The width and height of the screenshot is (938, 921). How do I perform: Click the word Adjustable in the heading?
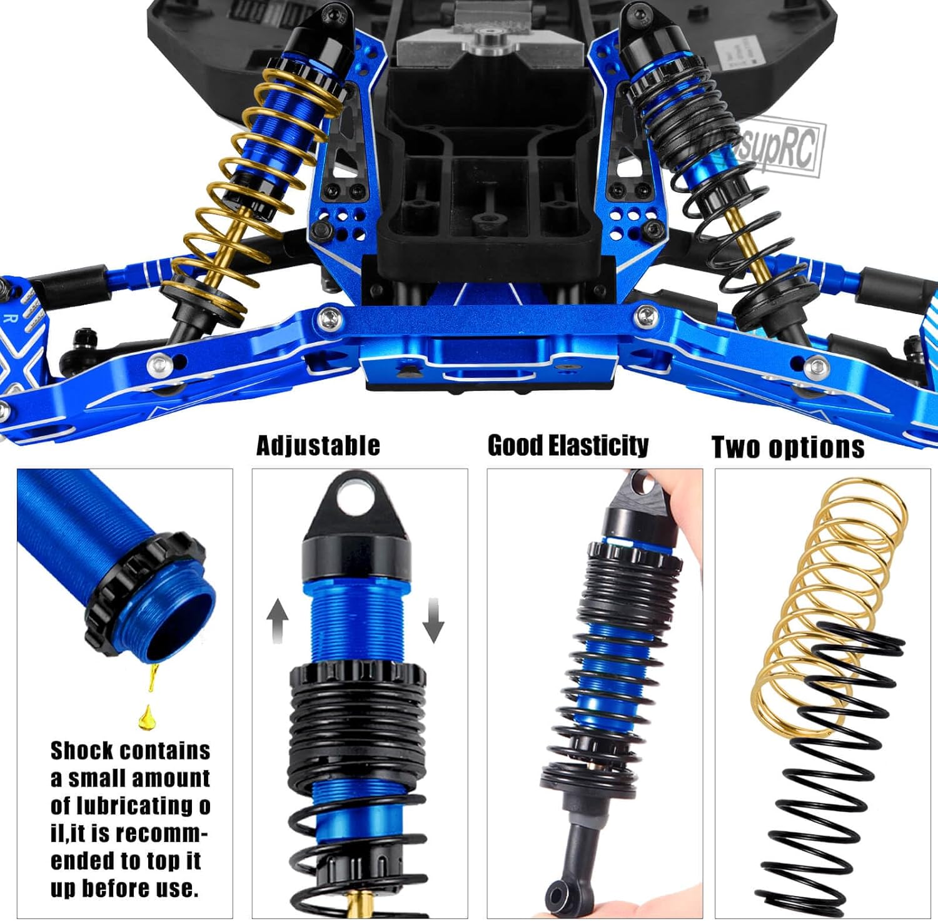coord(318,445)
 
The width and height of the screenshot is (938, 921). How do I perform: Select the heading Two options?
coord(788,447)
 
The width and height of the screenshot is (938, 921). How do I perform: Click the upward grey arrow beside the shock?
coord(277,620)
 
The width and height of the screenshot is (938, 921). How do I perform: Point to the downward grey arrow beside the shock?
coord(433,620)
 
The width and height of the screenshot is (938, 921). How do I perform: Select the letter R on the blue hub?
coord(10,318)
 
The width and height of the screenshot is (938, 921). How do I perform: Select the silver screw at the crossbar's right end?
coord(645,315)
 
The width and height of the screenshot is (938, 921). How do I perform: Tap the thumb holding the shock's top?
coord(685,494)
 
